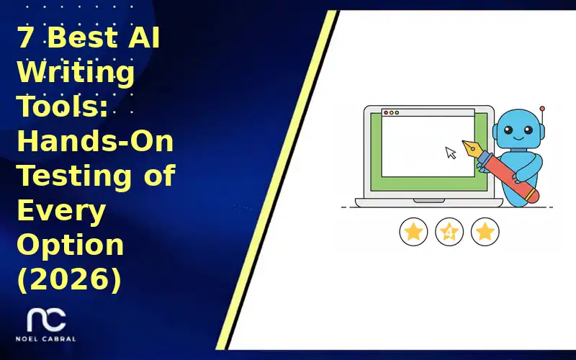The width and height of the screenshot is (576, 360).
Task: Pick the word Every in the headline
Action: point(60,210)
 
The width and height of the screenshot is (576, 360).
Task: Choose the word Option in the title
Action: point(71,245)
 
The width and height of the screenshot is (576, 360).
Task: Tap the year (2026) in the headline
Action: point(68,279)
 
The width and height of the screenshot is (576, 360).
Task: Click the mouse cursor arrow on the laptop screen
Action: point(451,152)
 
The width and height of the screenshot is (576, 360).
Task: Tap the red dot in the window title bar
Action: point(386,113)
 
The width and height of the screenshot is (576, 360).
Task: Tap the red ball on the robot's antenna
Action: point(542,108)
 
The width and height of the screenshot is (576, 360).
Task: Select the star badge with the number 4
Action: point(449,232)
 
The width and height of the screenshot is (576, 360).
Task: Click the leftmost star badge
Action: point(413,232)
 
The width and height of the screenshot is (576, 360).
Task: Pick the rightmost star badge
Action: point(485,232)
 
